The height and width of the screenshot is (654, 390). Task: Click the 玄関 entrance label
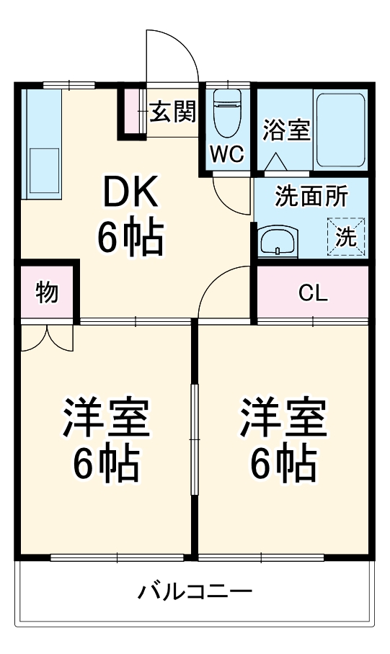(x=173, y=112)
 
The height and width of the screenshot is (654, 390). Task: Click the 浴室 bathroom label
(x=286, y=130)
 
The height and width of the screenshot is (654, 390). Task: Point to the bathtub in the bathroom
(x=341, y=128)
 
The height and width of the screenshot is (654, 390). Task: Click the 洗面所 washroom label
(x=311, y=196)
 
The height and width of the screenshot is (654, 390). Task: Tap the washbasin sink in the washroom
(x=277, y=241)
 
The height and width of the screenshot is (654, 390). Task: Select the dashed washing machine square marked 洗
(x=346, y=236)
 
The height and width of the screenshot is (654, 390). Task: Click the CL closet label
(x=313, y=293)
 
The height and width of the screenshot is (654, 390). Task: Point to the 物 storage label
(x=47, y=293)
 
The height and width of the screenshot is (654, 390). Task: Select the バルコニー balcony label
(x=195, y=593)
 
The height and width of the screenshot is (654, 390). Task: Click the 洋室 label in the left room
(x=106, y=418)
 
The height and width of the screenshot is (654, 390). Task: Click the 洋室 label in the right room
(x=283, y=418)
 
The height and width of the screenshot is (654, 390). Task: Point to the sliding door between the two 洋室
(x=193, y=439)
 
